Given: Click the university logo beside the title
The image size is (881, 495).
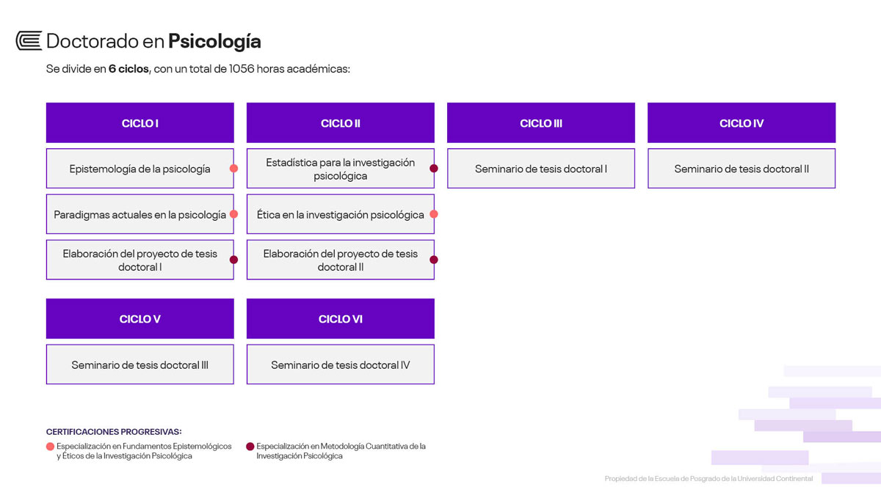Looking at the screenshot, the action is (29, 40).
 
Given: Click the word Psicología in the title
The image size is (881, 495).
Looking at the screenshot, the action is (214, 42).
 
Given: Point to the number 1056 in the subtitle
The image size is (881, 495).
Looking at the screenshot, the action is (242, 69).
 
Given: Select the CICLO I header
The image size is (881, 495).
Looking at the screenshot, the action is (140, 122).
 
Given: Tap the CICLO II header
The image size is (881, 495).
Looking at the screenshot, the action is (341, 122).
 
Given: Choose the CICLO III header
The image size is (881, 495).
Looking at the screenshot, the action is (541, 122).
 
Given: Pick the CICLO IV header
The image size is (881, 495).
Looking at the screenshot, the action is (742, 122).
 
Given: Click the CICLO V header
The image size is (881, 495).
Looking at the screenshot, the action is (140, 318).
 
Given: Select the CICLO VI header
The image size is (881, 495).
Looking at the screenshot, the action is (341, 318).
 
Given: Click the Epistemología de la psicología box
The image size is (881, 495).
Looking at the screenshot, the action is (140, 169).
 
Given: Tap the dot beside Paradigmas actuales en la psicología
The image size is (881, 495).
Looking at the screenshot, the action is (233, 214).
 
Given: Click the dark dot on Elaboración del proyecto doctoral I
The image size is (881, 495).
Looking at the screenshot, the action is (233, 260).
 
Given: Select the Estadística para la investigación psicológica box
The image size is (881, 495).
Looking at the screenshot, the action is (341, 169).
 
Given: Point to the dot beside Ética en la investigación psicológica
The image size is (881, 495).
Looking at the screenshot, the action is (434, 214).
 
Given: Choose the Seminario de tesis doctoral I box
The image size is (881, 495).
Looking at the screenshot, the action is (541, 169).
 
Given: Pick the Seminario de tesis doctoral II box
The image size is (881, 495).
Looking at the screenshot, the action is (742, 169).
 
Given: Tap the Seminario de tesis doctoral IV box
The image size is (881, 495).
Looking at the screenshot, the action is (341, 364).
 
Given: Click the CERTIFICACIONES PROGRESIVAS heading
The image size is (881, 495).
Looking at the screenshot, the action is (114, 432).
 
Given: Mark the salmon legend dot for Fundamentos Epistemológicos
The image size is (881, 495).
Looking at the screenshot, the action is (50, 447).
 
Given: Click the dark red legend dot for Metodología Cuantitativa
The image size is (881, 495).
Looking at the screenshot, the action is (250, 447).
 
